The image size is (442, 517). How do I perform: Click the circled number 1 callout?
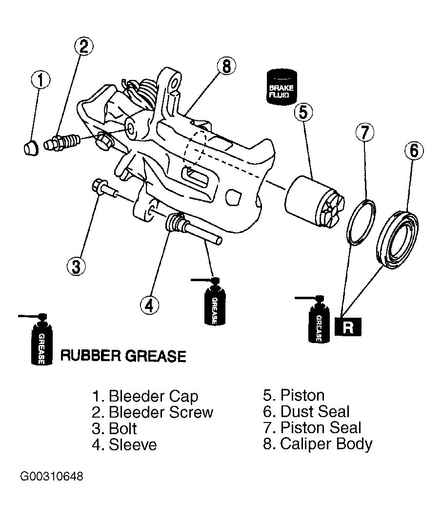pos(40,80)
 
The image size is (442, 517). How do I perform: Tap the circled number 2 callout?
pos(83,46)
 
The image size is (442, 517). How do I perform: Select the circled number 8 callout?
pos(226,66)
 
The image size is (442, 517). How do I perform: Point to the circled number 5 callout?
pos(303,112)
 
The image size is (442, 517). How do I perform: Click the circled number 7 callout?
pos(365,133)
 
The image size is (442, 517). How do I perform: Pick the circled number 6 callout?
pos(414,151)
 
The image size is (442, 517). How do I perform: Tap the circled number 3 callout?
pos(76,266)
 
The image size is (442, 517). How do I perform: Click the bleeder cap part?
pos(31,148)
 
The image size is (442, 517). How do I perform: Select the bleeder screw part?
pos(62,143)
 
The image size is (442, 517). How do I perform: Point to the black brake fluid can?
pos(281,87)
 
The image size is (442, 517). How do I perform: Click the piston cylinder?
pos(315,201)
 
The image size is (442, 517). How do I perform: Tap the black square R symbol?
pos(348,327)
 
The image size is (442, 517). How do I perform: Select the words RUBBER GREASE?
pos(123,356)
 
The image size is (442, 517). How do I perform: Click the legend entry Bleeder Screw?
pos(153,412)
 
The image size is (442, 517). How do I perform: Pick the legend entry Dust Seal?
pos(306,411)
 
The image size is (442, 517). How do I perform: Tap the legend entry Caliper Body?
pos(318,444)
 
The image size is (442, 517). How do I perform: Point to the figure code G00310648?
pos(52,476)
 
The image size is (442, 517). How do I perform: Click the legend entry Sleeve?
pos(124,444)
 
